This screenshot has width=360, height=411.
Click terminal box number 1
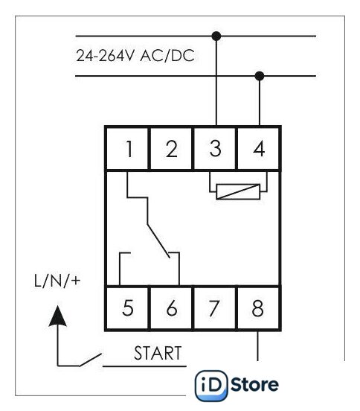127,149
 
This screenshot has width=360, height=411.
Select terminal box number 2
171,149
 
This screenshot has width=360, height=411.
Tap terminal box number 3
215,149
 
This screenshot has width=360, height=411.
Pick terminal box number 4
259,149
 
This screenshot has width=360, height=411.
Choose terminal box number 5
127,308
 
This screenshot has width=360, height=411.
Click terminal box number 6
171,308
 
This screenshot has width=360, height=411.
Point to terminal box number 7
215,308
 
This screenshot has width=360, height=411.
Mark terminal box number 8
259,308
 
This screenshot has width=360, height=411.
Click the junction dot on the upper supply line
216,36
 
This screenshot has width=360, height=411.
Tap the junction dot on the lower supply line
260,76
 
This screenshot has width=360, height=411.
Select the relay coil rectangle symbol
238,192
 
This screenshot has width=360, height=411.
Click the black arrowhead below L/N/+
57,316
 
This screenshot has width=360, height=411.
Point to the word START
158,353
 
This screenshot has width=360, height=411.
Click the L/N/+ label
57,281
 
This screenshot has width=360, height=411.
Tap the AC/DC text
167,56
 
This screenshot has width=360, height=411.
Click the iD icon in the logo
211,386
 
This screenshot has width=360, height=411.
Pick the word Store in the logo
254,385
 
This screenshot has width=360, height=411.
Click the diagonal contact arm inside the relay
158,241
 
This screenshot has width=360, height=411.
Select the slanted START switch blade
90,360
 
